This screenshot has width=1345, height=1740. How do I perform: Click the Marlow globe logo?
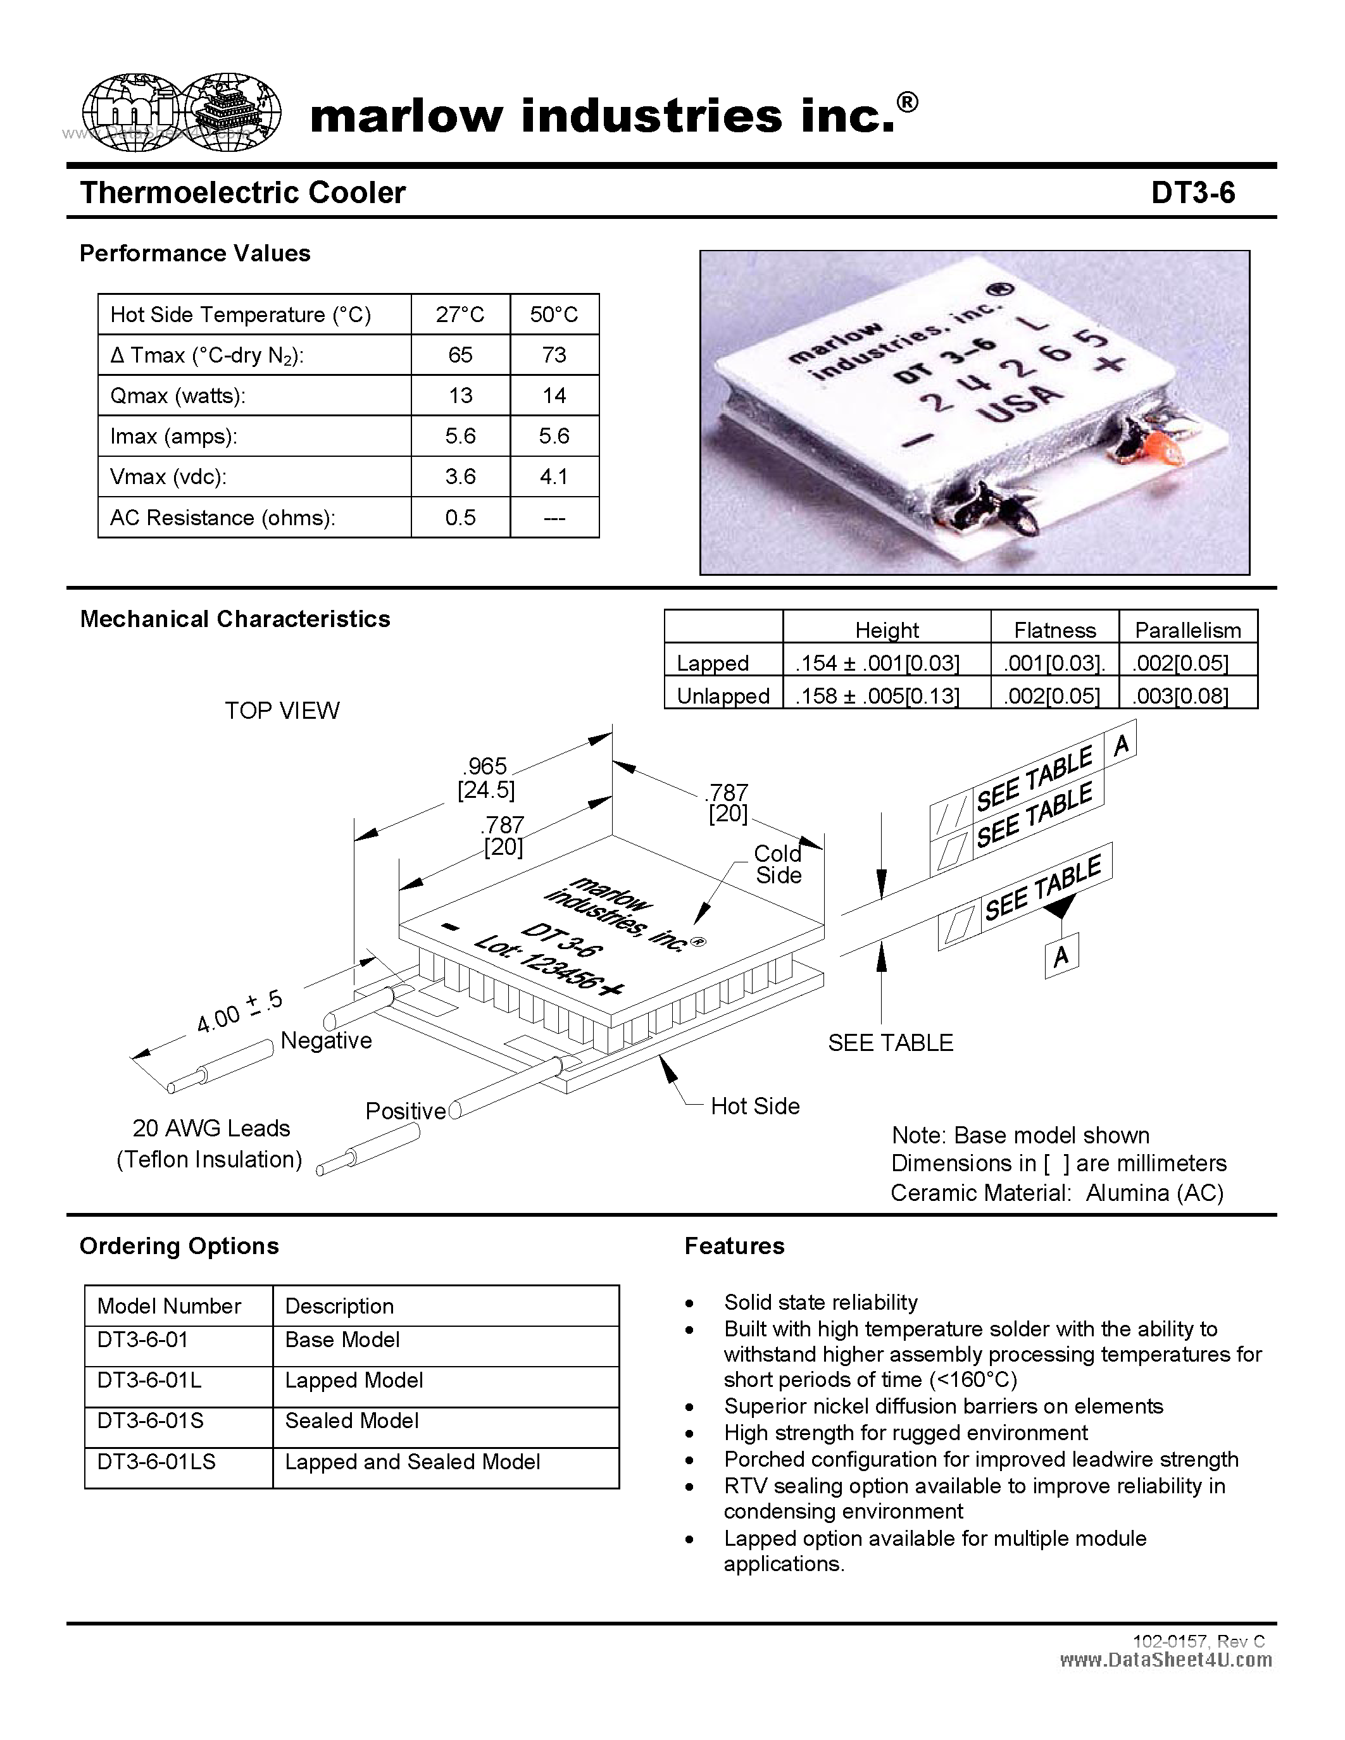tap(182, 113)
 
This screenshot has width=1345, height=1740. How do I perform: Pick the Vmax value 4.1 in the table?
tap(554, 476)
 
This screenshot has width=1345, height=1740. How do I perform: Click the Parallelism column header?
tap(1187, 630)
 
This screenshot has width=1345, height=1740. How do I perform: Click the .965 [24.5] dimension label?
tap(485, 778)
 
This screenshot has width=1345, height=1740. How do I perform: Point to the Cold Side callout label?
tap(778, 864)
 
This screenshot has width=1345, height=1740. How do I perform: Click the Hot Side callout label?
tap(754, 1106)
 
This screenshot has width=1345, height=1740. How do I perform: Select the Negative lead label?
tap(326, 1040)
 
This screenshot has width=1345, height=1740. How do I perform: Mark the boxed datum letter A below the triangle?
tap(1061, 955)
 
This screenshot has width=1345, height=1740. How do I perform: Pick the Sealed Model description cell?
tap(351, 1420)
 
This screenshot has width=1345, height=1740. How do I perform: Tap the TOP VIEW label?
tap(282, 711)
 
